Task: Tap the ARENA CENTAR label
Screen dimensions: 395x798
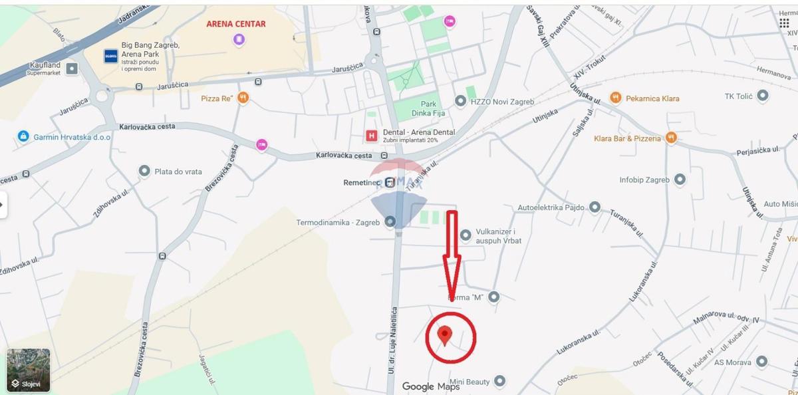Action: click(x=236, y=24)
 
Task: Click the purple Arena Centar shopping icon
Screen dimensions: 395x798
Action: click(x=239, y=40)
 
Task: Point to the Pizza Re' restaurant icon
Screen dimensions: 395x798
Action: click(x=243, y=98)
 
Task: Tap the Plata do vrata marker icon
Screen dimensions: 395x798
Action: click(x=144, y=172)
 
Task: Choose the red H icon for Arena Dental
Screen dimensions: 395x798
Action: click(x=372, y=136)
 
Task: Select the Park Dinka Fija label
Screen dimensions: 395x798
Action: click(x=428, y=108)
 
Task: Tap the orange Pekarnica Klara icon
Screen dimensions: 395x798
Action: click(x=616, y=98)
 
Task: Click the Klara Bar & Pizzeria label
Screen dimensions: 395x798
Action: click(x=628, y=138)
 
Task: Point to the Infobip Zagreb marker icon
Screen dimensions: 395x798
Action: click(x=680, y=180)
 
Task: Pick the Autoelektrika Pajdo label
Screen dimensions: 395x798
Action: click(x=551, y=207)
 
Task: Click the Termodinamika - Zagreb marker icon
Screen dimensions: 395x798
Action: click(x=390, y=222)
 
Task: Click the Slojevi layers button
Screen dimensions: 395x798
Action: click(x=29, y=370)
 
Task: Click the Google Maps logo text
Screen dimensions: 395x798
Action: click(x=431, y=386)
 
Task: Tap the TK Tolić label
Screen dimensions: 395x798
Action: click(x=738, y=96)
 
